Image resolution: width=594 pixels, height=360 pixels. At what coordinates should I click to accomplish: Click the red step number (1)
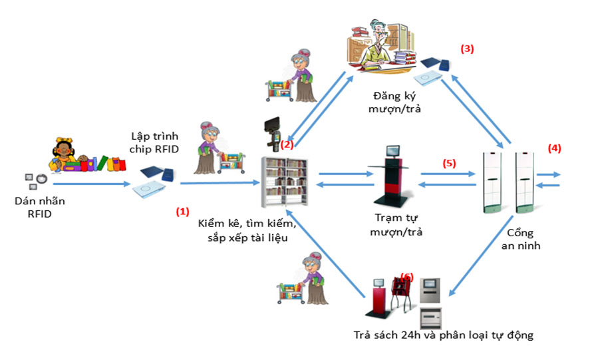coord(182,211)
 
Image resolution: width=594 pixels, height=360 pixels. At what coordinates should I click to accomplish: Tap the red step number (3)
coord(467,49)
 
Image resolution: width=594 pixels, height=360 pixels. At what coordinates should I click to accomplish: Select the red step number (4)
coord(554,148)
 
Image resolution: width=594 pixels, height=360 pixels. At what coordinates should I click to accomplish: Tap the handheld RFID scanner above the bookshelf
coord(273,130)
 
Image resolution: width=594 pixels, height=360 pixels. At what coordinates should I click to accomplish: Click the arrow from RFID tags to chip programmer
coord(90,184)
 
